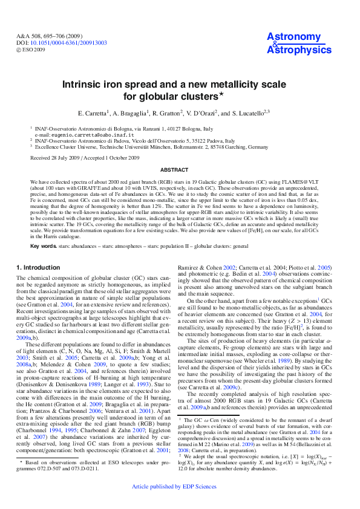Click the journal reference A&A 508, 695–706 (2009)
(48, 36)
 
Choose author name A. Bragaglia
(129, 113)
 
